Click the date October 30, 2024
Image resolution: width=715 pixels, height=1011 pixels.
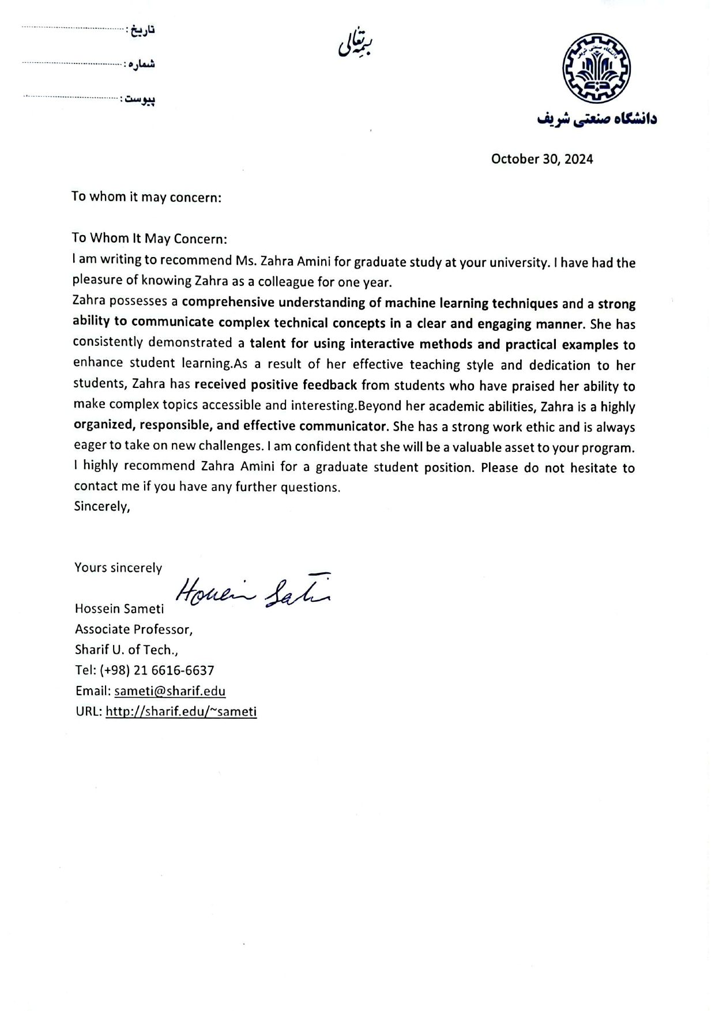pyautogui.click(x=541, y=159)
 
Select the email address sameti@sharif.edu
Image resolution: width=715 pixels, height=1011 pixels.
pyautogui.click(x=170, y=691)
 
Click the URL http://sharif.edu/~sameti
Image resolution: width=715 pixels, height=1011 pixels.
pyautogui.click(x=181, y=711)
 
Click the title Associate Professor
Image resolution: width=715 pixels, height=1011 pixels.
pyautogui.click(x=133, y=629)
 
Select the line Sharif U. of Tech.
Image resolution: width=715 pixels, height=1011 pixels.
pyautogui.click(x=126, y=650)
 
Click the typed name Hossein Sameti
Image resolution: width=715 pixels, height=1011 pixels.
pyautogui.click(x=119, y=609)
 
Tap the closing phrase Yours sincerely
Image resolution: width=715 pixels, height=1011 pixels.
pyautogui.click(x=118, y=568)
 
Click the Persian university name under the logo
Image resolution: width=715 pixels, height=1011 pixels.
pyautogui.click(x=597, y=119)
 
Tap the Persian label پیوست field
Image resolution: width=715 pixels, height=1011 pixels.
pyautogui.click(x=138, y=100)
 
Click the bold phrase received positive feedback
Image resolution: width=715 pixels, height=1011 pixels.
pyautogui.click(x=276, y=384)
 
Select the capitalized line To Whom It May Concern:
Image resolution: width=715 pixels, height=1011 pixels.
pyautogui.click(x=149, y=238)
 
